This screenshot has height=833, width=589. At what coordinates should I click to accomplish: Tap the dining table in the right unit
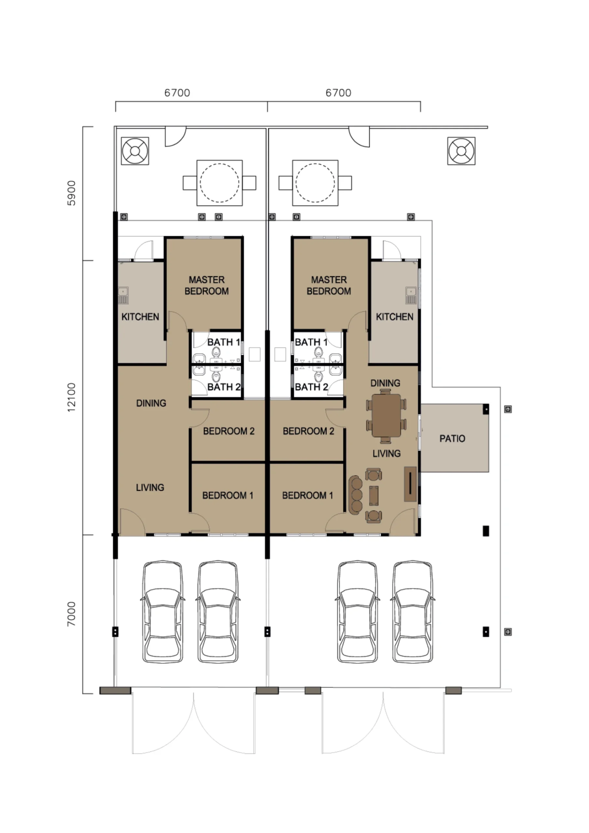[x=386, y=415]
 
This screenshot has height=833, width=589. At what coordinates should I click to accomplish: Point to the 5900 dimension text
[x=72, y=193]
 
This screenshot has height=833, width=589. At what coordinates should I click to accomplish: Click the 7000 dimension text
[x=72, y=614]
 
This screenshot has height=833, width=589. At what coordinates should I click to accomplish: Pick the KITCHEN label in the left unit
[x=140, y=317]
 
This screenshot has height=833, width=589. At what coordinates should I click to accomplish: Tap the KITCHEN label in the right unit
[x=394, y=317]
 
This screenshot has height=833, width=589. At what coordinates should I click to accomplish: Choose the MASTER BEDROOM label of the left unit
[x=207, y=285]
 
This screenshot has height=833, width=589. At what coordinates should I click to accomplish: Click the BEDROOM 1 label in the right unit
[x=308, y=495]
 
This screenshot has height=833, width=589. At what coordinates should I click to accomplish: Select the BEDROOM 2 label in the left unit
[x=229, y=431]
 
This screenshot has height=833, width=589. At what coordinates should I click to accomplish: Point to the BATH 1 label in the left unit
[x=224, y=342]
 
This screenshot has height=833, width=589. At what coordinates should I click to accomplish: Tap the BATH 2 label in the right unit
[x=311, y=387]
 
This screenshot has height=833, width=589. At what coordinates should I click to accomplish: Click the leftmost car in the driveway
[x=162, y=611]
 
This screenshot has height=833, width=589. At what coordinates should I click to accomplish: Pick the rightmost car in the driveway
[x=413, y=611]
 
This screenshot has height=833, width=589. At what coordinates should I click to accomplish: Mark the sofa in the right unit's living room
[x=356, y=495]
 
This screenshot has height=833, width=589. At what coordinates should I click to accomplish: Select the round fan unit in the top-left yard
[x=135, y=151]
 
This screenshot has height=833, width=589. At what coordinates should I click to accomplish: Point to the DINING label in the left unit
[x=151, y=403]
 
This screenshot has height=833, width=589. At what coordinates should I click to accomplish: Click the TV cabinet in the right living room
[x=410, y=484]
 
